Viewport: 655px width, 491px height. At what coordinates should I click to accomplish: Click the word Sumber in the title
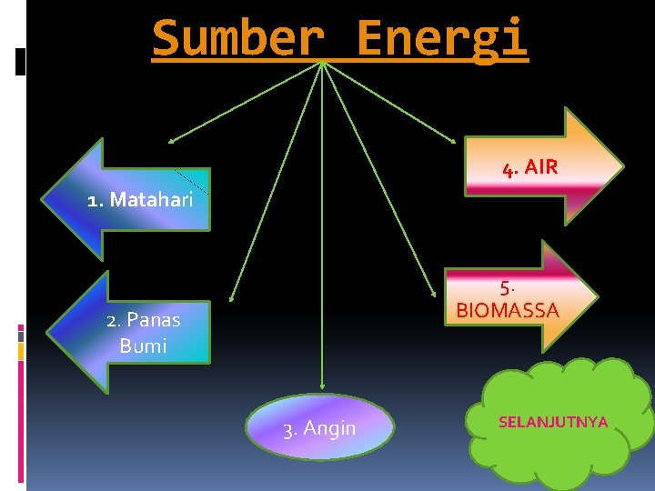coord(237,38)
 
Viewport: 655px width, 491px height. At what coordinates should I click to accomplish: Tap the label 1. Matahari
coord(140,200)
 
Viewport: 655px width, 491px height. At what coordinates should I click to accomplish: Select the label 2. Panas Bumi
coord(143,332)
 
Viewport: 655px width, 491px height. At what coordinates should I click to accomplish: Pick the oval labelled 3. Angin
coord(319,427)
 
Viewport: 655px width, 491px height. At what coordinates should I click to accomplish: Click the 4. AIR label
coord(529,168)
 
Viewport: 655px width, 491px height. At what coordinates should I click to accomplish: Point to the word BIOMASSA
coord(508,311)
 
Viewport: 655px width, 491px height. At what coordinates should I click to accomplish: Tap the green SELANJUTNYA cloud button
coord(553,422)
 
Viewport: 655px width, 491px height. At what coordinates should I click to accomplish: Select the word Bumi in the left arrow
coord(143,346)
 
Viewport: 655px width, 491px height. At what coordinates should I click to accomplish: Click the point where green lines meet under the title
coord(322,64)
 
